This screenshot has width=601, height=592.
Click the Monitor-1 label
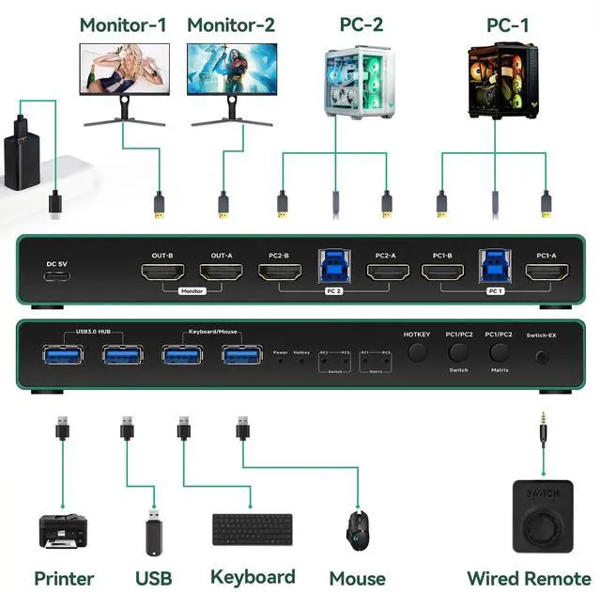[x=123, y=25]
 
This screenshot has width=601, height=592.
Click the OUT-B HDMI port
[x=162, y=273]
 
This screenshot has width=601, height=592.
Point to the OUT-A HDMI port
[x=222, y=273]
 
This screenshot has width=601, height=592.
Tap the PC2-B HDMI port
[x=279, y=273]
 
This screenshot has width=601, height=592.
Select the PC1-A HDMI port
[x=547, y=273]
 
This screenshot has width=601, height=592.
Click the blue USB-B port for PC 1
[x=495, y=267]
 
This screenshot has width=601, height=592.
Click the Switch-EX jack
[x=542, y=356]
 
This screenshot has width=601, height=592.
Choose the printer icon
[x=64, y=532]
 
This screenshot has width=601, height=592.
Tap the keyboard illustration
[x=251, y=529]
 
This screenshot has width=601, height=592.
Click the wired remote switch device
[x=542, y=517]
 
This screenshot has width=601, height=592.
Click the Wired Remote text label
[x=529, y=578]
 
